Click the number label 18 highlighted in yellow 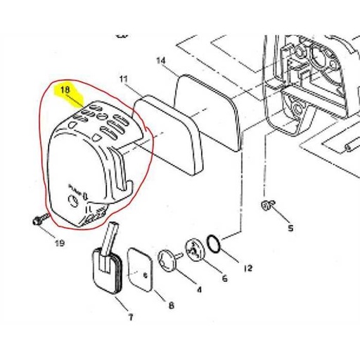[x=65, y=90]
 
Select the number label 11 [x=124, y=79]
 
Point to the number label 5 [x=290, y=228]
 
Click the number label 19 [x=59, y=243]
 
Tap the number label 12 [x=247, y=268]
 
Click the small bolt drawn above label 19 [x=39, y=219]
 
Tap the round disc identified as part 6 [x=193, y=249]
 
